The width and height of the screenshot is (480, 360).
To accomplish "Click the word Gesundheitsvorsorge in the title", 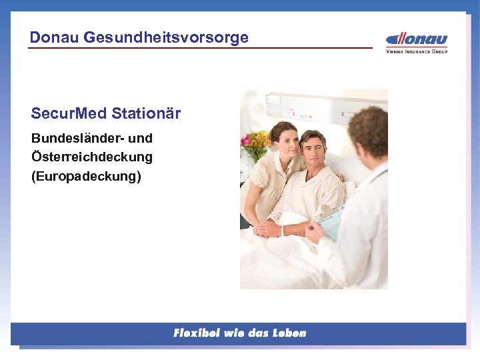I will click(166, 37).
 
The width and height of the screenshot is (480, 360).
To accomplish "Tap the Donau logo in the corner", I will click(417, 39).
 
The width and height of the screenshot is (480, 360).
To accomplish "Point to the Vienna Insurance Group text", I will click(417, 51).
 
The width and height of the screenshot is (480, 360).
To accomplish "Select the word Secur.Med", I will click(69, 113).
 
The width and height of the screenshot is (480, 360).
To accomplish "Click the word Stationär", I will click(146, 113).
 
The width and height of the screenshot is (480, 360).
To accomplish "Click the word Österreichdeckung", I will click(91, 157).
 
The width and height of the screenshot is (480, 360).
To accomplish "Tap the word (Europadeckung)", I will click(86, 177).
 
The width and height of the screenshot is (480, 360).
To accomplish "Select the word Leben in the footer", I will click(289, 333).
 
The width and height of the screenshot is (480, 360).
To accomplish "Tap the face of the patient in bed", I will click(312, 150).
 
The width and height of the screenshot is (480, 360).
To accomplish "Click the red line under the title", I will click(200, 48).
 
